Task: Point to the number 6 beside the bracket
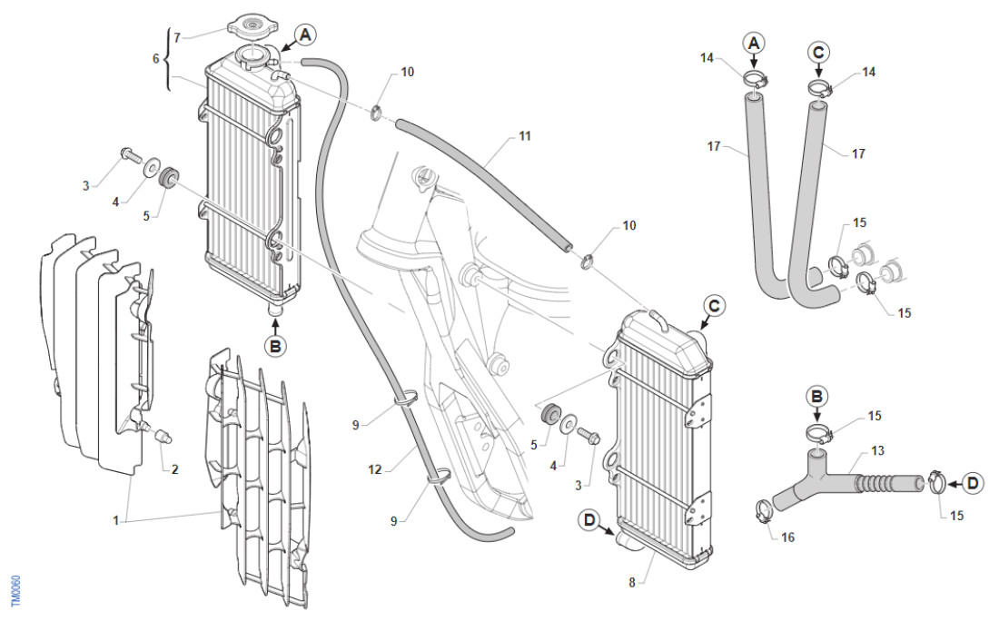click(155, 58)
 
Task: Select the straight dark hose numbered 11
click(481, 182)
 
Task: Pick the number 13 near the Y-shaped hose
click(876, 451)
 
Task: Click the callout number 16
click(786, 537)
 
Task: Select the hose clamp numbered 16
click(764, 513)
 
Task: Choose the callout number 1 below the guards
click(115, 521)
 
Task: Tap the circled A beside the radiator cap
click(306, 35)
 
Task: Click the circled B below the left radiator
click(274, 345)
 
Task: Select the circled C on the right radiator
click(714, 307)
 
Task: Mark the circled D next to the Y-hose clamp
click(973, 483)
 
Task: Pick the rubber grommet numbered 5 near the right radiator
click(549, 415)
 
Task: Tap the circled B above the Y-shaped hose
click(817, 396)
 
